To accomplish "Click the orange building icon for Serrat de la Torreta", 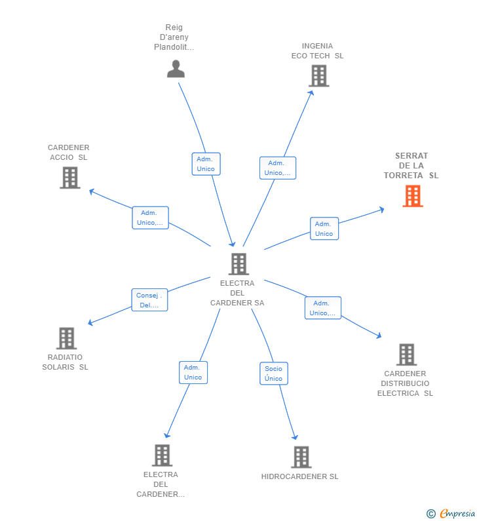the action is coord(413,196).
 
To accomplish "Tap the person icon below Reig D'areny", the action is coord(176,69).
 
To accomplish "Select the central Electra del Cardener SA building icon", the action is coord(239,264).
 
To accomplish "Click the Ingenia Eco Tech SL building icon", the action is coord(319,76).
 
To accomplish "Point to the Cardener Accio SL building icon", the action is coord(70,178).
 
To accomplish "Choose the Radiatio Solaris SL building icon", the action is coord(66,338).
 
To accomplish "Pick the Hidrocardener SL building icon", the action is coord(301,457).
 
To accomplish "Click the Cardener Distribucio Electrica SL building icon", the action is coord(407,355).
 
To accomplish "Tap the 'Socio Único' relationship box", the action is coord(274,374).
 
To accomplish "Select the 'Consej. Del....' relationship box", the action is coord(149,300).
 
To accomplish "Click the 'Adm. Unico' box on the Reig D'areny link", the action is coord(206,164).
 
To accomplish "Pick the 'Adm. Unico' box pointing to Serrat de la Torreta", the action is coord(324,229).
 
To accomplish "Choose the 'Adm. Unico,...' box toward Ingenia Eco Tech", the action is coord(278,168).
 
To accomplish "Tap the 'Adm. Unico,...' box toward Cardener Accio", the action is coord(150,218).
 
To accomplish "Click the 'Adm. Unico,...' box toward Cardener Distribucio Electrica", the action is coord(323,308).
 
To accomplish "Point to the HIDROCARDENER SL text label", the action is coord(299,476).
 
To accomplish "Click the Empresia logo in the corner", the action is coord(457,513).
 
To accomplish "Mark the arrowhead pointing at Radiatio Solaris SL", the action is coord(90,322).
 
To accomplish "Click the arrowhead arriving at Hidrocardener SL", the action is coord(295,437).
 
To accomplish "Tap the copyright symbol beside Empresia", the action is coord(431,514).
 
